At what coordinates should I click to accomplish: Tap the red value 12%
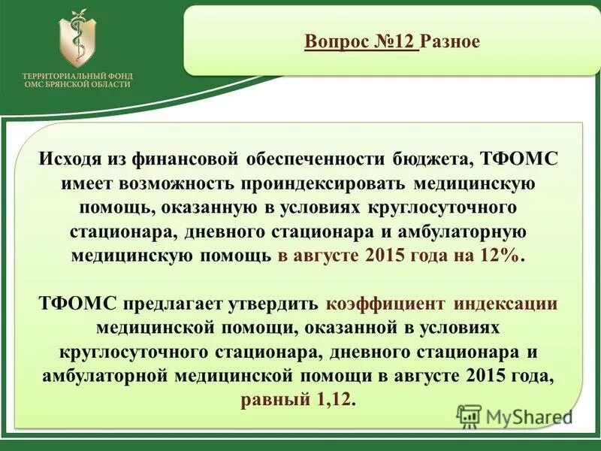tap(498, 256)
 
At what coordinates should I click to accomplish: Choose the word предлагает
tap(175, 304)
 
